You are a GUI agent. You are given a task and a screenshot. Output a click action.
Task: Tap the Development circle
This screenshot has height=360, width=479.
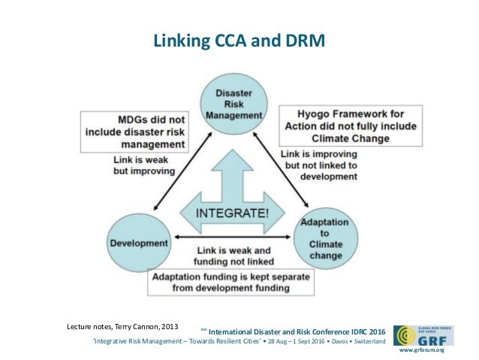pyautogui.click(x=140, y=243)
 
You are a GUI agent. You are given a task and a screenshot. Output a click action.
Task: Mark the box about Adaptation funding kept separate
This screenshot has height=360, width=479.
pyautogui.click(x=233, y=282)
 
